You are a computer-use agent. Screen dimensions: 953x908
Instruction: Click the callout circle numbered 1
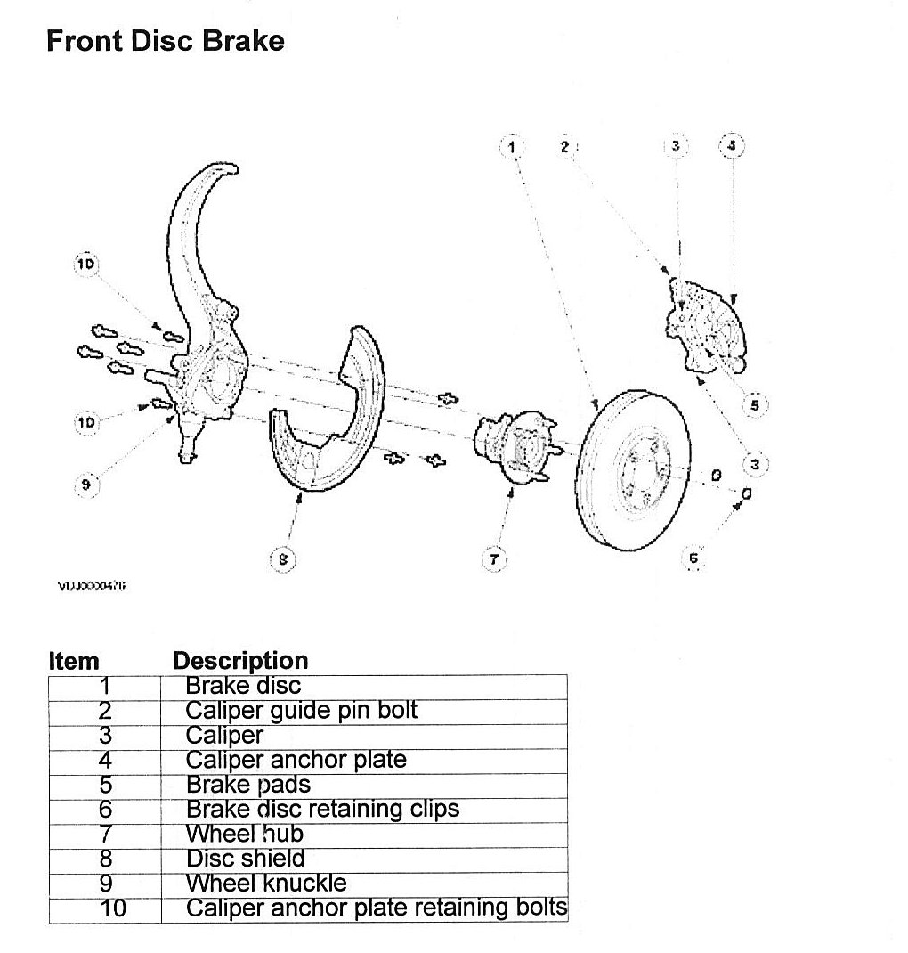point(512,145)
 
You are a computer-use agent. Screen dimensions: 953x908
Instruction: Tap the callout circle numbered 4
point(732,145)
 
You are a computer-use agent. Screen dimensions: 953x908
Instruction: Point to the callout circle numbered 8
point(283,558)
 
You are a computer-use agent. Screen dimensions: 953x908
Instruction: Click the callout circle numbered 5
point(754,405)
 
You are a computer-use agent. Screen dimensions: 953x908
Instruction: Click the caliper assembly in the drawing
point(708,325)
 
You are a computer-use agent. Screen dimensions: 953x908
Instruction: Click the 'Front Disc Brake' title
point(165,41)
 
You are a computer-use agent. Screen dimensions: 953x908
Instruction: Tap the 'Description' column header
point(240,661)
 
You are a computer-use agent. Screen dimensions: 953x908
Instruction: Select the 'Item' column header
point(74,661)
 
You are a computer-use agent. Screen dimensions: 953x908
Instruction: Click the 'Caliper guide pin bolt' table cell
point(301,711)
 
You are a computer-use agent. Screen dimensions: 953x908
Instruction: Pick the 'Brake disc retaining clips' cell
point(322,810)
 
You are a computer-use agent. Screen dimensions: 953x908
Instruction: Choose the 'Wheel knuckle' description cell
point(266,884)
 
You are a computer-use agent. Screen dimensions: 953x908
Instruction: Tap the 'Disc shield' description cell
point(245,859)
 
